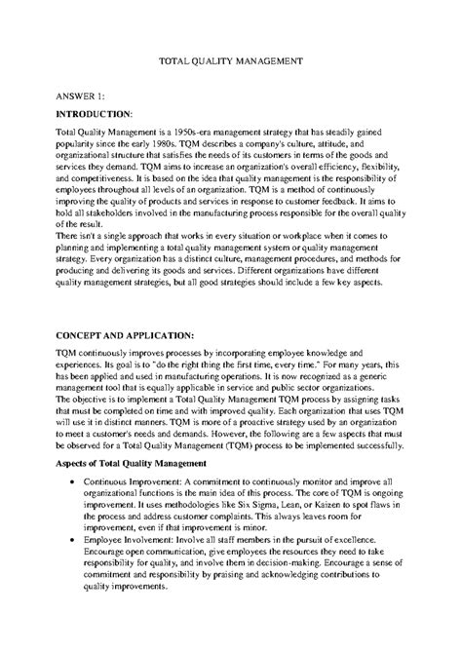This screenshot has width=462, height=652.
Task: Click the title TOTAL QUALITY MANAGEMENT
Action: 231,60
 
